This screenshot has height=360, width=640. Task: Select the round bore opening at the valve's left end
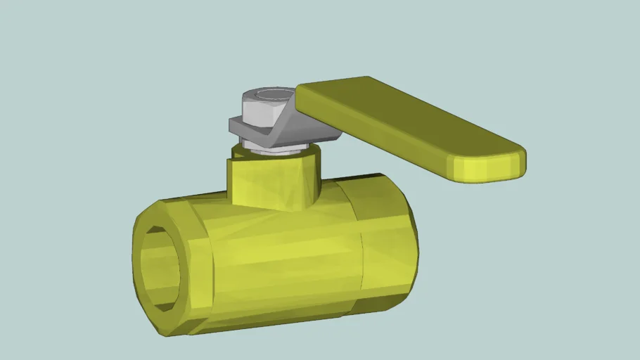coord(160,267)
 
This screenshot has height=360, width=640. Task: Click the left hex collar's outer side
coord(197,267)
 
